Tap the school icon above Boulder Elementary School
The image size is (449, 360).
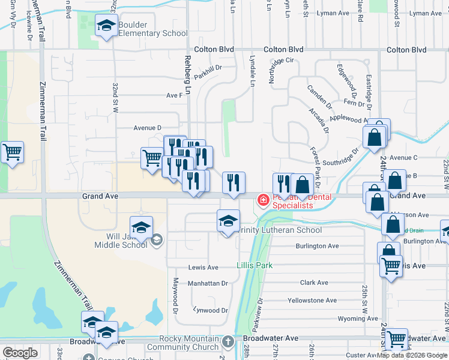point(106,26)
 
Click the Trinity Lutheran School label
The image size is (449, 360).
point(280,230)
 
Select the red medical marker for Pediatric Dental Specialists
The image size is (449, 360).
point(263,200)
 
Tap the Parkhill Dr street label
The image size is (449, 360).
point(208,68)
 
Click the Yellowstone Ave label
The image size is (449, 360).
point(312,300)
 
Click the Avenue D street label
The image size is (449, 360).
point(148,128)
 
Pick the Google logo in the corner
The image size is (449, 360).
point(20,353)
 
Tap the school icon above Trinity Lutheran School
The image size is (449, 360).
point(228,221)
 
